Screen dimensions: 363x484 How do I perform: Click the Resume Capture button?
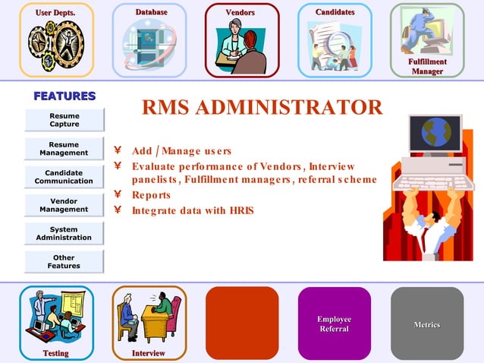[64, 119]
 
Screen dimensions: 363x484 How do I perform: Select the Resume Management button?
[64, 148]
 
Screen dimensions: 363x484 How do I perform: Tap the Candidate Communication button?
[64, 177]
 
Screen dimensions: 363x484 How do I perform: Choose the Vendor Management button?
[64, 205]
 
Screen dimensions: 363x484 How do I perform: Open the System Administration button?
[64, 233]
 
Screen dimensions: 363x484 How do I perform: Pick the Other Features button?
[64, 262]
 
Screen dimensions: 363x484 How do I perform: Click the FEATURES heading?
[64, 96]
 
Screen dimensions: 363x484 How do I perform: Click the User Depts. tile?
[57, 40]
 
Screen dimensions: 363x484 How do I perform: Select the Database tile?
[149, 40]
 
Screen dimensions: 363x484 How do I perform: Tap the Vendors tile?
[242, 40]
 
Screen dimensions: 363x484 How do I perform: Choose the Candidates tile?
[335, 40]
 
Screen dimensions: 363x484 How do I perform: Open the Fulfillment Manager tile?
[427, 40]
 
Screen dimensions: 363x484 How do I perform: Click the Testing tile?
[57, 323]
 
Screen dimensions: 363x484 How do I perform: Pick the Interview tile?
[149, 323]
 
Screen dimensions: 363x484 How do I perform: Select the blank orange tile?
[242, 323]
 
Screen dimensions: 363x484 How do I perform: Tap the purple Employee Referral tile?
[335, 323]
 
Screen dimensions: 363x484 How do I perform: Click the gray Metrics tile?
[427, 323]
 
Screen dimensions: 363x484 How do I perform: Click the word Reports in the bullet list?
[151, 195]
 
